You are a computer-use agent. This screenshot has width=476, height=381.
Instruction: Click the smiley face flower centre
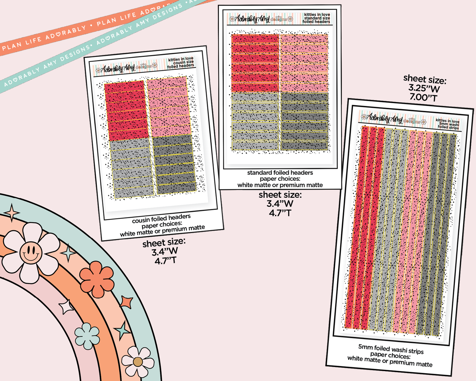click(31, 252)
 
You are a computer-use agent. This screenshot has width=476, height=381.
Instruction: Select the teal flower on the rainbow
click(87, 336)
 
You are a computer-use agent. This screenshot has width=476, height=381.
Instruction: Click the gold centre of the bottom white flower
click(138, 362)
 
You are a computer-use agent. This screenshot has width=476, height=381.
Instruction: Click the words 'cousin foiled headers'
click(161, 219)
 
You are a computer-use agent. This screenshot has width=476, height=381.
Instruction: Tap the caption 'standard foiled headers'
click(280, 173)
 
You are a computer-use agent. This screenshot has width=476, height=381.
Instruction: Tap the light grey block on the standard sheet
click(255, 122)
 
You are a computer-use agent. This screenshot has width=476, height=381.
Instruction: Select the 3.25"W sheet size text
click(424, 88)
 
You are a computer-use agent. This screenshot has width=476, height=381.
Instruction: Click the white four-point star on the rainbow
click(66, 307)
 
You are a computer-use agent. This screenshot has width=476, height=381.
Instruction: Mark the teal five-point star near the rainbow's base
click(122, 330)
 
